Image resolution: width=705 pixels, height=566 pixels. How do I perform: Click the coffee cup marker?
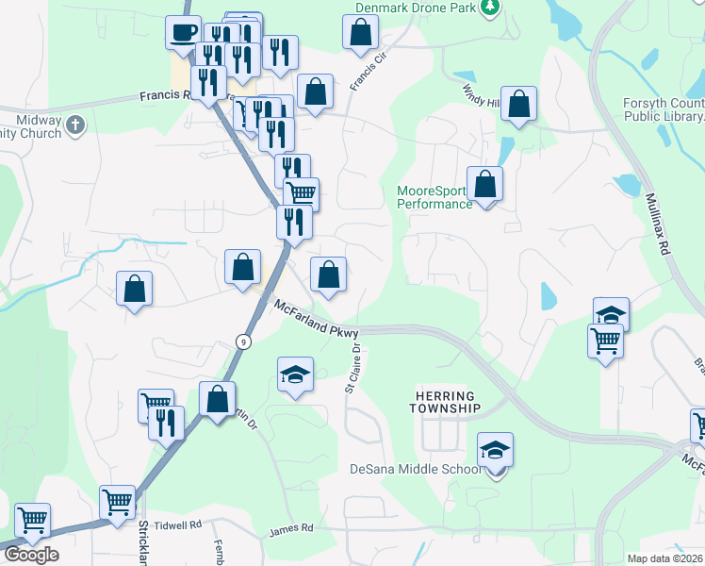(x=183, y=33)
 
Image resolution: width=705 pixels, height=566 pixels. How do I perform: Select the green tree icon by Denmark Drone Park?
(x=489, y=8)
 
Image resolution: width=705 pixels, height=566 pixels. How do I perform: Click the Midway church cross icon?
(x=75, y=123)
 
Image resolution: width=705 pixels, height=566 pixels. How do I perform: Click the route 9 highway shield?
(x=243, y=342)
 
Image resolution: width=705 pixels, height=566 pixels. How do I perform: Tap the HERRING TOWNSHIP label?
(x=445, y=402)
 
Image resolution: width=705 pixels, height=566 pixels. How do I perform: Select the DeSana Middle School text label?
(x=414, y=470)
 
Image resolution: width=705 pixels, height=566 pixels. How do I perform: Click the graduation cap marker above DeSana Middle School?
(x=496, y=452)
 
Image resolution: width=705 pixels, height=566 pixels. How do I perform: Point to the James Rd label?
(x=288, y=533)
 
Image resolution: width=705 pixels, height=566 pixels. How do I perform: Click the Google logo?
(x=31, y=555)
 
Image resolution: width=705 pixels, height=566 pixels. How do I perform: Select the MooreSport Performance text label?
(x=434, y=197)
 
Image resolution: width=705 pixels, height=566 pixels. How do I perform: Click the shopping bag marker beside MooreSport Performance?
(x=485, y=186)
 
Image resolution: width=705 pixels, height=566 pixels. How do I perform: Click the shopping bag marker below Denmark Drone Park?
(x=361, y=33)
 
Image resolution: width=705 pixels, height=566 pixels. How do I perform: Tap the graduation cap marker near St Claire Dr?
(x=296, y=375)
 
